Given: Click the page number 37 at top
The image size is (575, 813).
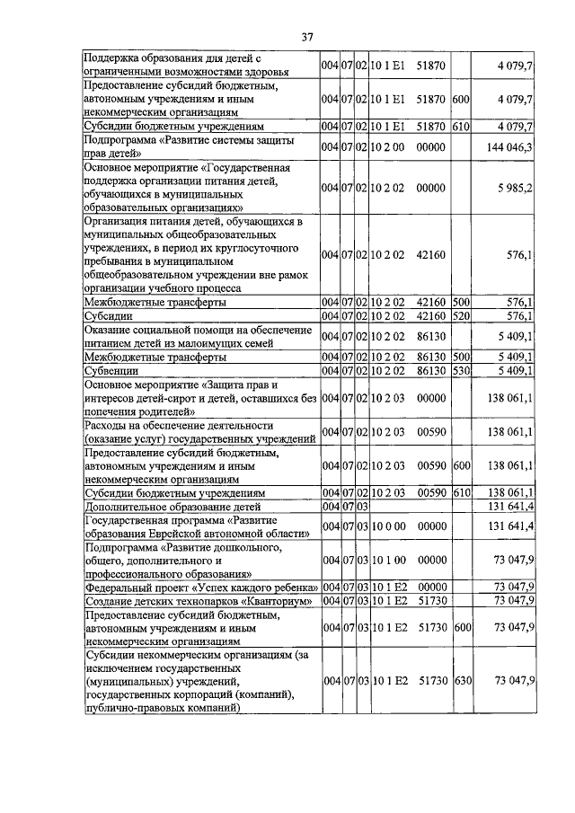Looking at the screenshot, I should [306, 37].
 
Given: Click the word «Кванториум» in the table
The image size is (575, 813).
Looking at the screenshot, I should [276, 601].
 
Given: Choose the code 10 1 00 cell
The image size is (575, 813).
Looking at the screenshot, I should [389, 559].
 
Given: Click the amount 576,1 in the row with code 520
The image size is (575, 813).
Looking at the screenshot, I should [521, 317].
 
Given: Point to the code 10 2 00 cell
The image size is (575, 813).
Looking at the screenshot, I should [389, 146].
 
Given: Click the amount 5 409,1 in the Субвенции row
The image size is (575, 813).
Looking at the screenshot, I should [517, 369].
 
